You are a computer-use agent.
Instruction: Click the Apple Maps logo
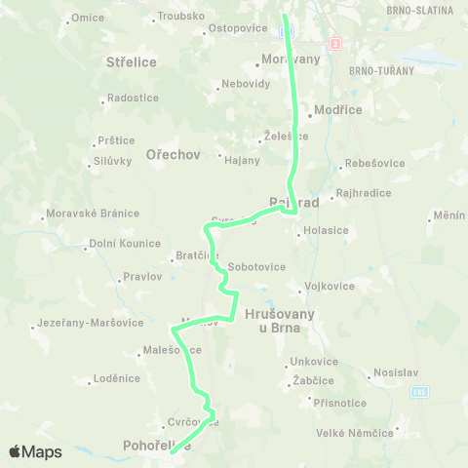35,451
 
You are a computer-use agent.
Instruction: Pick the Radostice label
133,97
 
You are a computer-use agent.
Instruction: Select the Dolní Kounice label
125,244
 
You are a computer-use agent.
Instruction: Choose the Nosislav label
397,372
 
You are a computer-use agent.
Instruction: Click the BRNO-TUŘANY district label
381,71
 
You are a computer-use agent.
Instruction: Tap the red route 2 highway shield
335,44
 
